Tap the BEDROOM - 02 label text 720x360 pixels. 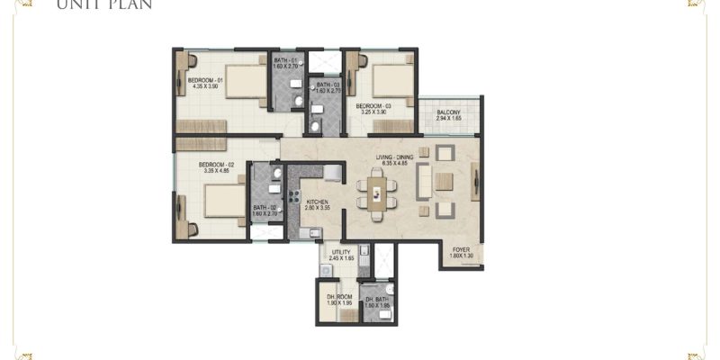[216, 165]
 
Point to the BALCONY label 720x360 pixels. [450, 112]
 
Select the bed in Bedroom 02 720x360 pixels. [220, 200]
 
